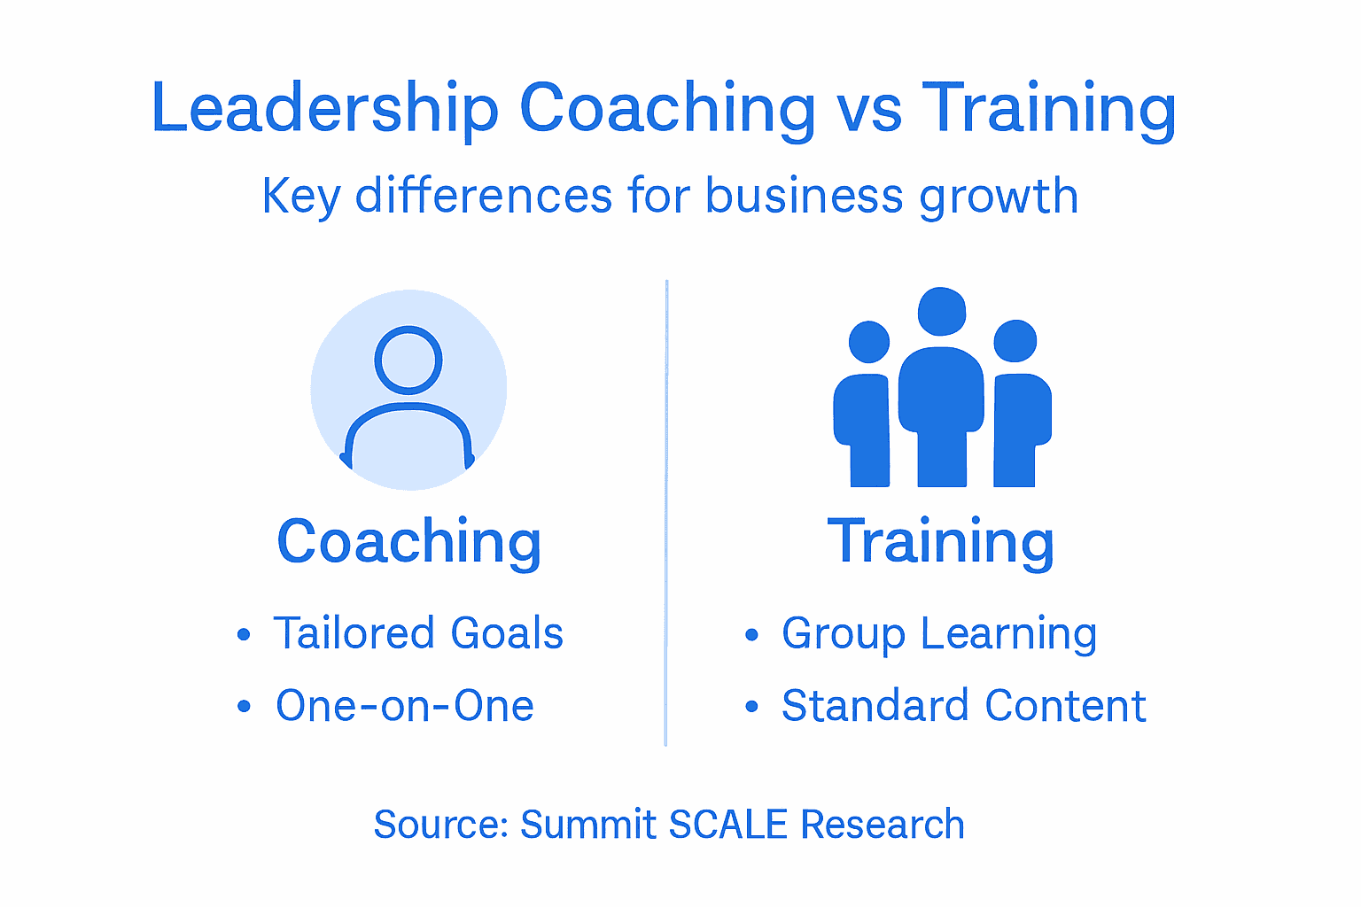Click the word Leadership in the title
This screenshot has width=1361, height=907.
click(x=324, y=108)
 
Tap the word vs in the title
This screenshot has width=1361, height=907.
click(x=869, y=110)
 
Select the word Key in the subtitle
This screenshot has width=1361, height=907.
click(x=300, y=196)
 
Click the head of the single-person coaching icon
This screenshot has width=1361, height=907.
click(x=408, y=360)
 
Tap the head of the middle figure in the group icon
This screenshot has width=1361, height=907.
click(x=942, y=312)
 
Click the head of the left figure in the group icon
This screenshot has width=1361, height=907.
click(x=868, y=342)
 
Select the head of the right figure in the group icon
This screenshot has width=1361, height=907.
click(x=1015, y=342)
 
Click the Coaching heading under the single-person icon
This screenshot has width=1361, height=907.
click(x=408, y=542)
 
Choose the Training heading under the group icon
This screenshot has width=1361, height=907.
click(x=941, y=542)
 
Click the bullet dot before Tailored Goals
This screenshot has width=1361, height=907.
click(x=244, y=634)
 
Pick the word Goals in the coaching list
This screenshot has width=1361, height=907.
click(x=507, y=634)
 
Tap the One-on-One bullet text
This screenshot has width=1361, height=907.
click(x=405, y=706)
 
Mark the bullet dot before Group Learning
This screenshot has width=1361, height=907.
click(x=752, y=634)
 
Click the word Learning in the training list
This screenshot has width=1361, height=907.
click(x=1008, y=635)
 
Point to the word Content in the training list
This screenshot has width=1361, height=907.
click(x=1065, y=706)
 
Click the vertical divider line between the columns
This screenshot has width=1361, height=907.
click(x=666, y=514)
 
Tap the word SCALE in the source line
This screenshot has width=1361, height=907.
click(x=727, y=825)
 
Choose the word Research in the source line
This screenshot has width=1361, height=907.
click(x=883, y=825)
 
